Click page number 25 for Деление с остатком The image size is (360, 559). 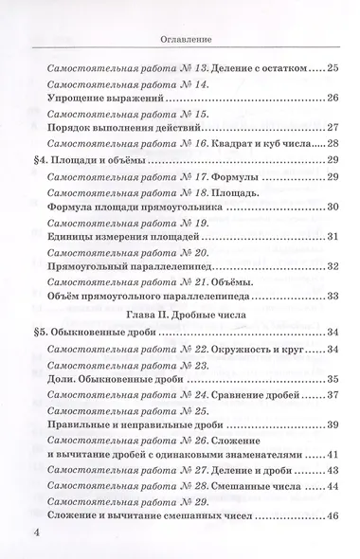point(332,68)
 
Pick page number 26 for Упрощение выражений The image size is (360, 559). point(332,98)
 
